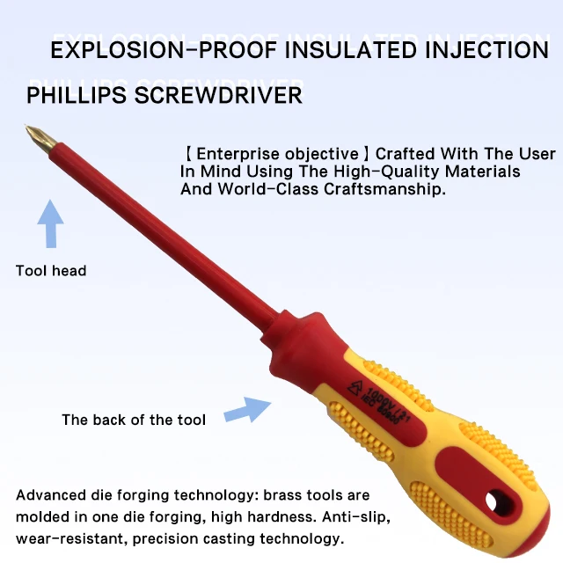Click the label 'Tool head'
tap(51, 271)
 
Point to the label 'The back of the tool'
tap(134, 420)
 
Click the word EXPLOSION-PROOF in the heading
tap(142, 50)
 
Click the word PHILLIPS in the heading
tap(76, 95)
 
